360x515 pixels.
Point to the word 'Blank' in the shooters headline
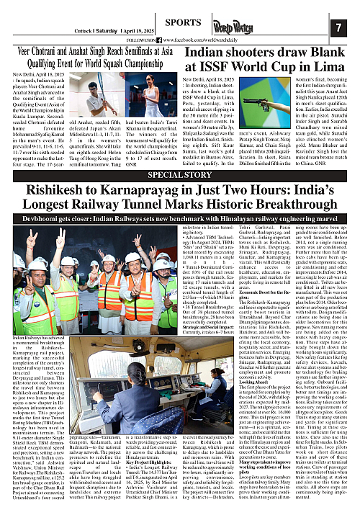pyautogui.click(x=323, y=53)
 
